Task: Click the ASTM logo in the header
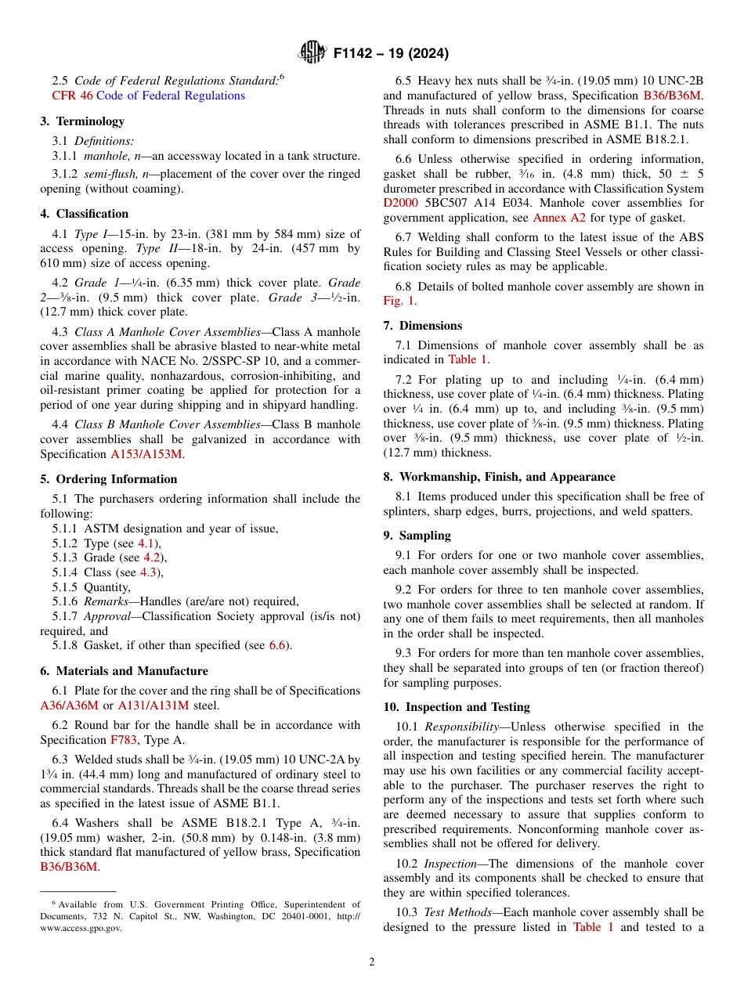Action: [312, 53]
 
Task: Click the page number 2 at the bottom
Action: [372, 962]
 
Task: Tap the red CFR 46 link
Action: [72, 96]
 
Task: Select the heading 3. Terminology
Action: [82, 121]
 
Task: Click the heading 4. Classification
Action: [85, 214]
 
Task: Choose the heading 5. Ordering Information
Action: [109, 479]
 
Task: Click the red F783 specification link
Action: [123, 739]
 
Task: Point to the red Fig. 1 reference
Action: [398, 301]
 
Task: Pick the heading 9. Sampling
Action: [417, 536]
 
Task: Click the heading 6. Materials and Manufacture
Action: [124, 671]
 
